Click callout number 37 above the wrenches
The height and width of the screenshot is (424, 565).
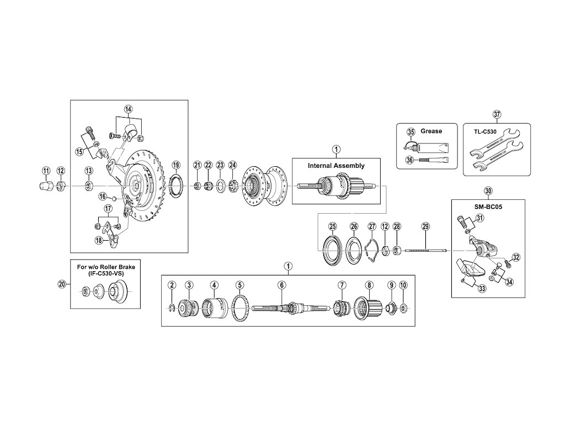coord(497,115)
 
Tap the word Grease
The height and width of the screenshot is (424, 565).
coord(431,131)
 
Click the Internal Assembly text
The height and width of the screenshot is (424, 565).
coord(336,165)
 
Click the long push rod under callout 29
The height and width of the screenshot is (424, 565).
coord(425,251)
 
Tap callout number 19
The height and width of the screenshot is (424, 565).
coord(176,165)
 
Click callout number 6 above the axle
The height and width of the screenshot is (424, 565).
coord(282,285)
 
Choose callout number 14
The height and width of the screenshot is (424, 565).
coord(128,109)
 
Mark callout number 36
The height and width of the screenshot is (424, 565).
coord(411,160)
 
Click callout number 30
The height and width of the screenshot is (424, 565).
coord(488,191)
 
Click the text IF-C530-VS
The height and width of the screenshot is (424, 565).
coord(105,273)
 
